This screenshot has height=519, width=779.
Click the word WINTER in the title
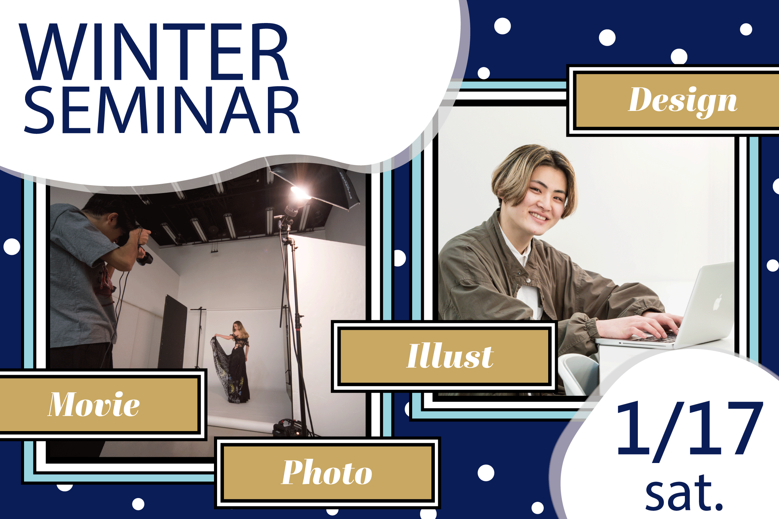(154, 52)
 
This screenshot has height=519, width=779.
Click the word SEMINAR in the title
(162, 110)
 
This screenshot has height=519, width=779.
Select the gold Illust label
(444, 356)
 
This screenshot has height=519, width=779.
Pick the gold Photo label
(327, 473)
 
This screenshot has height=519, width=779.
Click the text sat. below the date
(684, 493)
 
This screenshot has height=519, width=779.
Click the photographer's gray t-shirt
(81, 275)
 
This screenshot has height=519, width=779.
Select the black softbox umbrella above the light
(316, 182)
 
